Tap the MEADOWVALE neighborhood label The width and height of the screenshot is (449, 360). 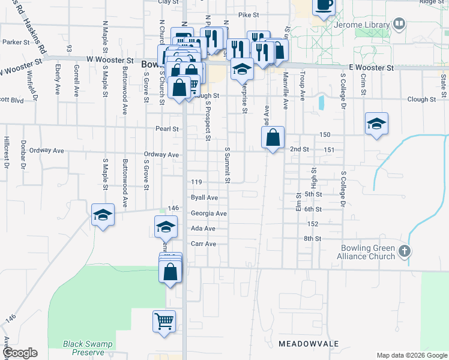[309, 344]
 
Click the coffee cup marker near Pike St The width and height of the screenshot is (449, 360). [324, 5]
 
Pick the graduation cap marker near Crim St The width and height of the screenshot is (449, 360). [376, 124]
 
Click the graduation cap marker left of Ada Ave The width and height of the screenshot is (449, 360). [166, 227]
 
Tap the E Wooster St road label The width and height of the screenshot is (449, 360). [372, 68]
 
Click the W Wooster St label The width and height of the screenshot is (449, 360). [110, 61]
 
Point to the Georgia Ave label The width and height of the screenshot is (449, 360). [208, 214]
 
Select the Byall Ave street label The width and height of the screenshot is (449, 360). [204, 197]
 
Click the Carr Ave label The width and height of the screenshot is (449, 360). [203, 244]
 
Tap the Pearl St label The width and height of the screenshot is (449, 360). [167, 129]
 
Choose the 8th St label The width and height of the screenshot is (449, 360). [313, 239]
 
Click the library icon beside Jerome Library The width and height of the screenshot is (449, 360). [399, 24]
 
